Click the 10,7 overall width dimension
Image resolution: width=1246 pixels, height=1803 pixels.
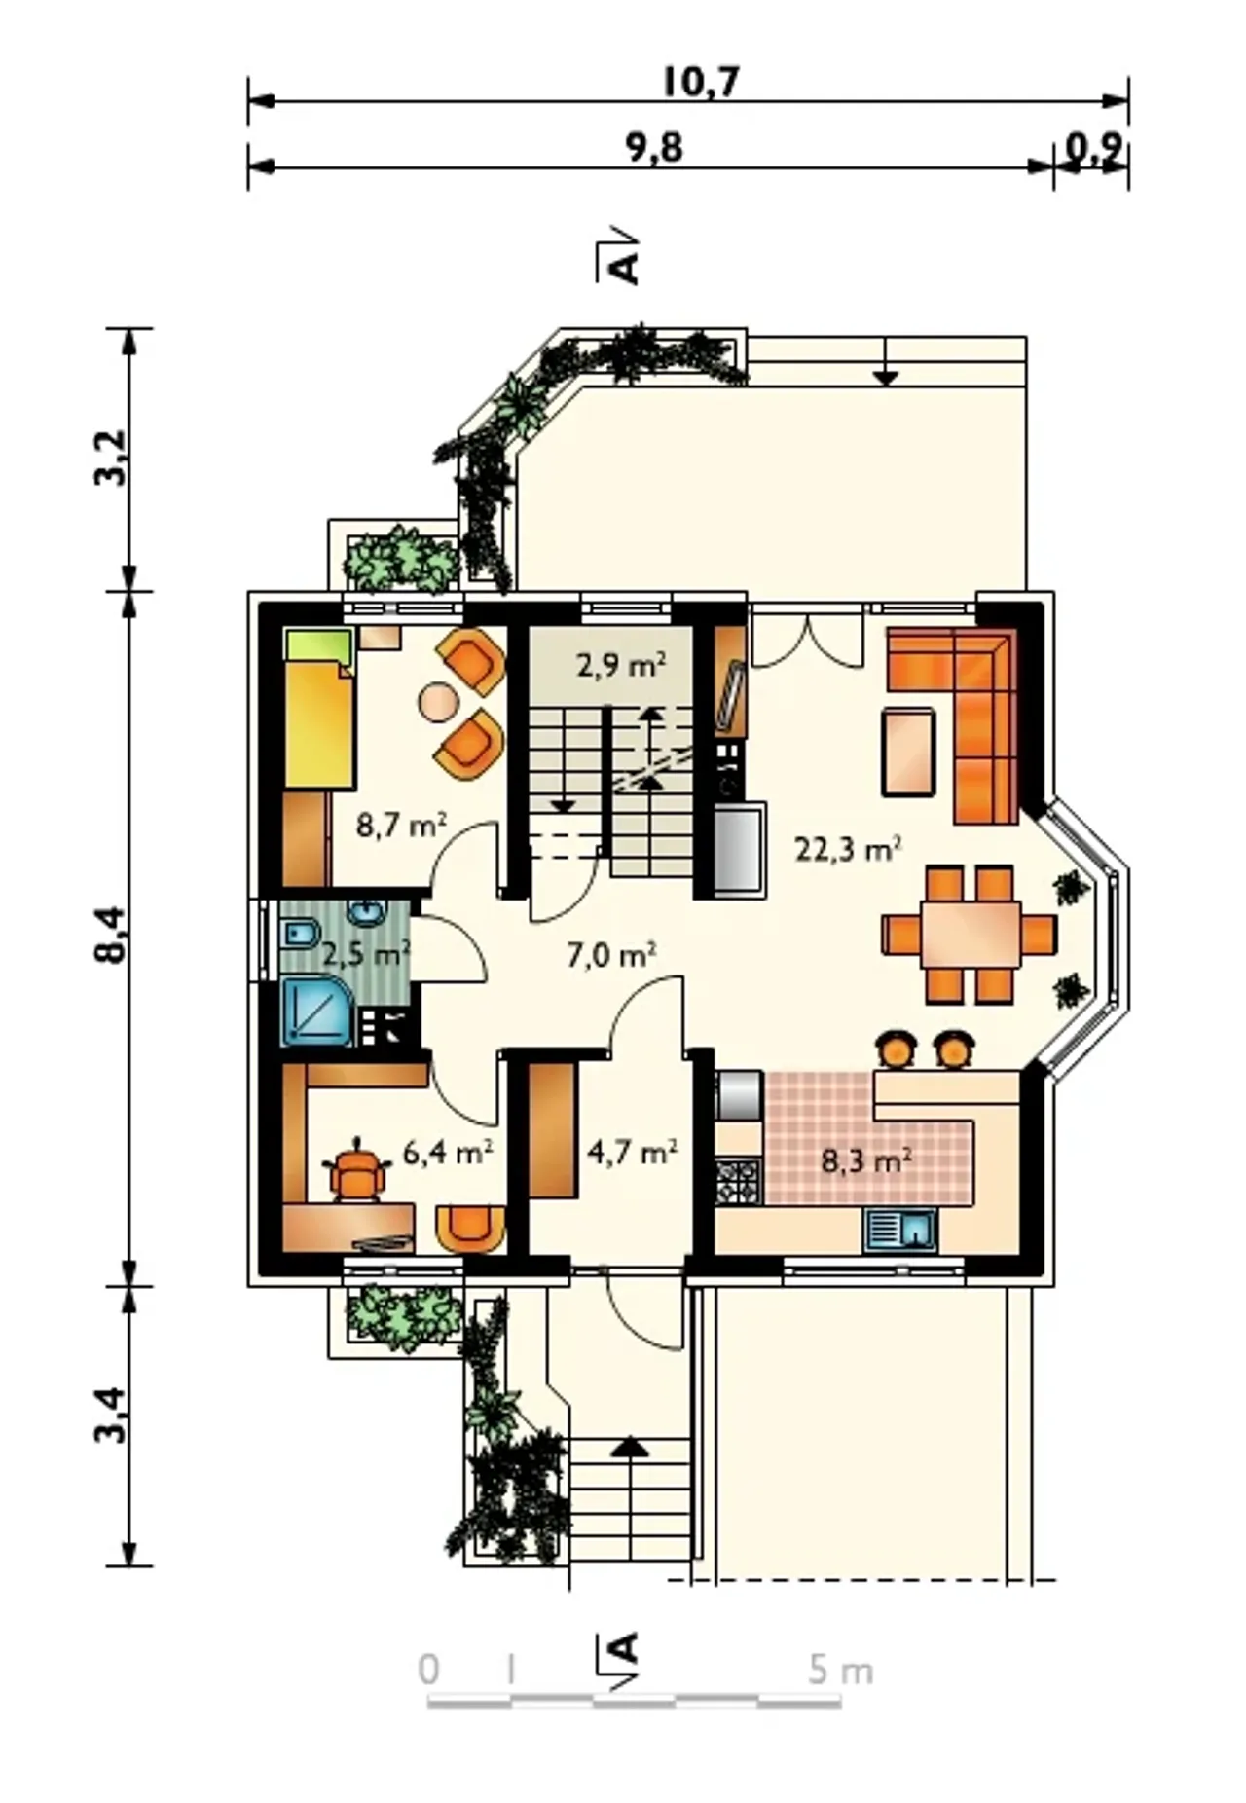click(701, 83)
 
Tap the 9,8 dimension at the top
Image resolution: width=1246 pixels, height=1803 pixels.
click(653, 148)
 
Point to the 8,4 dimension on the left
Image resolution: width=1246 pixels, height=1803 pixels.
click(111, 935)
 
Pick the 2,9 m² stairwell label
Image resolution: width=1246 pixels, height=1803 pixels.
click(621, 666)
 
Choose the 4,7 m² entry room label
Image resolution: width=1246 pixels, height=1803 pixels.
click(633, 1152)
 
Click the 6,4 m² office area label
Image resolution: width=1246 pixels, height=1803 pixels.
click(448, 1153)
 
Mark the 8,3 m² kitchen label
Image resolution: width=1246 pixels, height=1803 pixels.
click(866, 1160)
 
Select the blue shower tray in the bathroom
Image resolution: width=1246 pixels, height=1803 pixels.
click(316, 1012)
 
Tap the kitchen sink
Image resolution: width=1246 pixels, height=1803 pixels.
click(900, 1230)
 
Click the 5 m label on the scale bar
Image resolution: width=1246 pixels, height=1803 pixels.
click(840, 1671)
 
